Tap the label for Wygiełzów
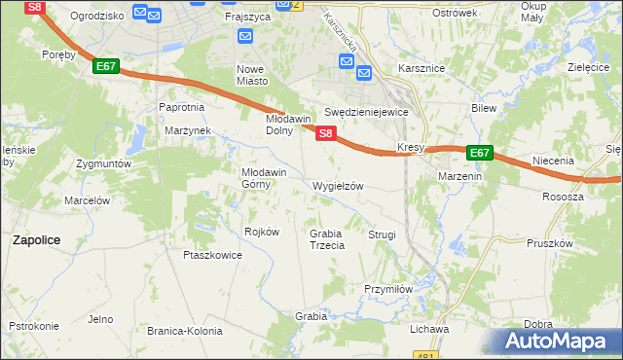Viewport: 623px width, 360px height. tap(338, 186)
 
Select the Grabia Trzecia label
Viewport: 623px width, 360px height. tap(327, 239)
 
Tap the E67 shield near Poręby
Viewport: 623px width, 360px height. tap(107, 67)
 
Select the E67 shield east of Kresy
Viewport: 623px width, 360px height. tap(479, 153)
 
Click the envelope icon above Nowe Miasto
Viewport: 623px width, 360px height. tap(245, 38)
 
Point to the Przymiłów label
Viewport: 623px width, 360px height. tap(389, 288)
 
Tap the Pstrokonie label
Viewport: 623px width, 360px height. tap(34, 326)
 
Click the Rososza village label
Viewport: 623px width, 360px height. tap(563, 196)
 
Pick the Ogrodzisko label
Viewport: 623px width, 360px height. tap(98, 16)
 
